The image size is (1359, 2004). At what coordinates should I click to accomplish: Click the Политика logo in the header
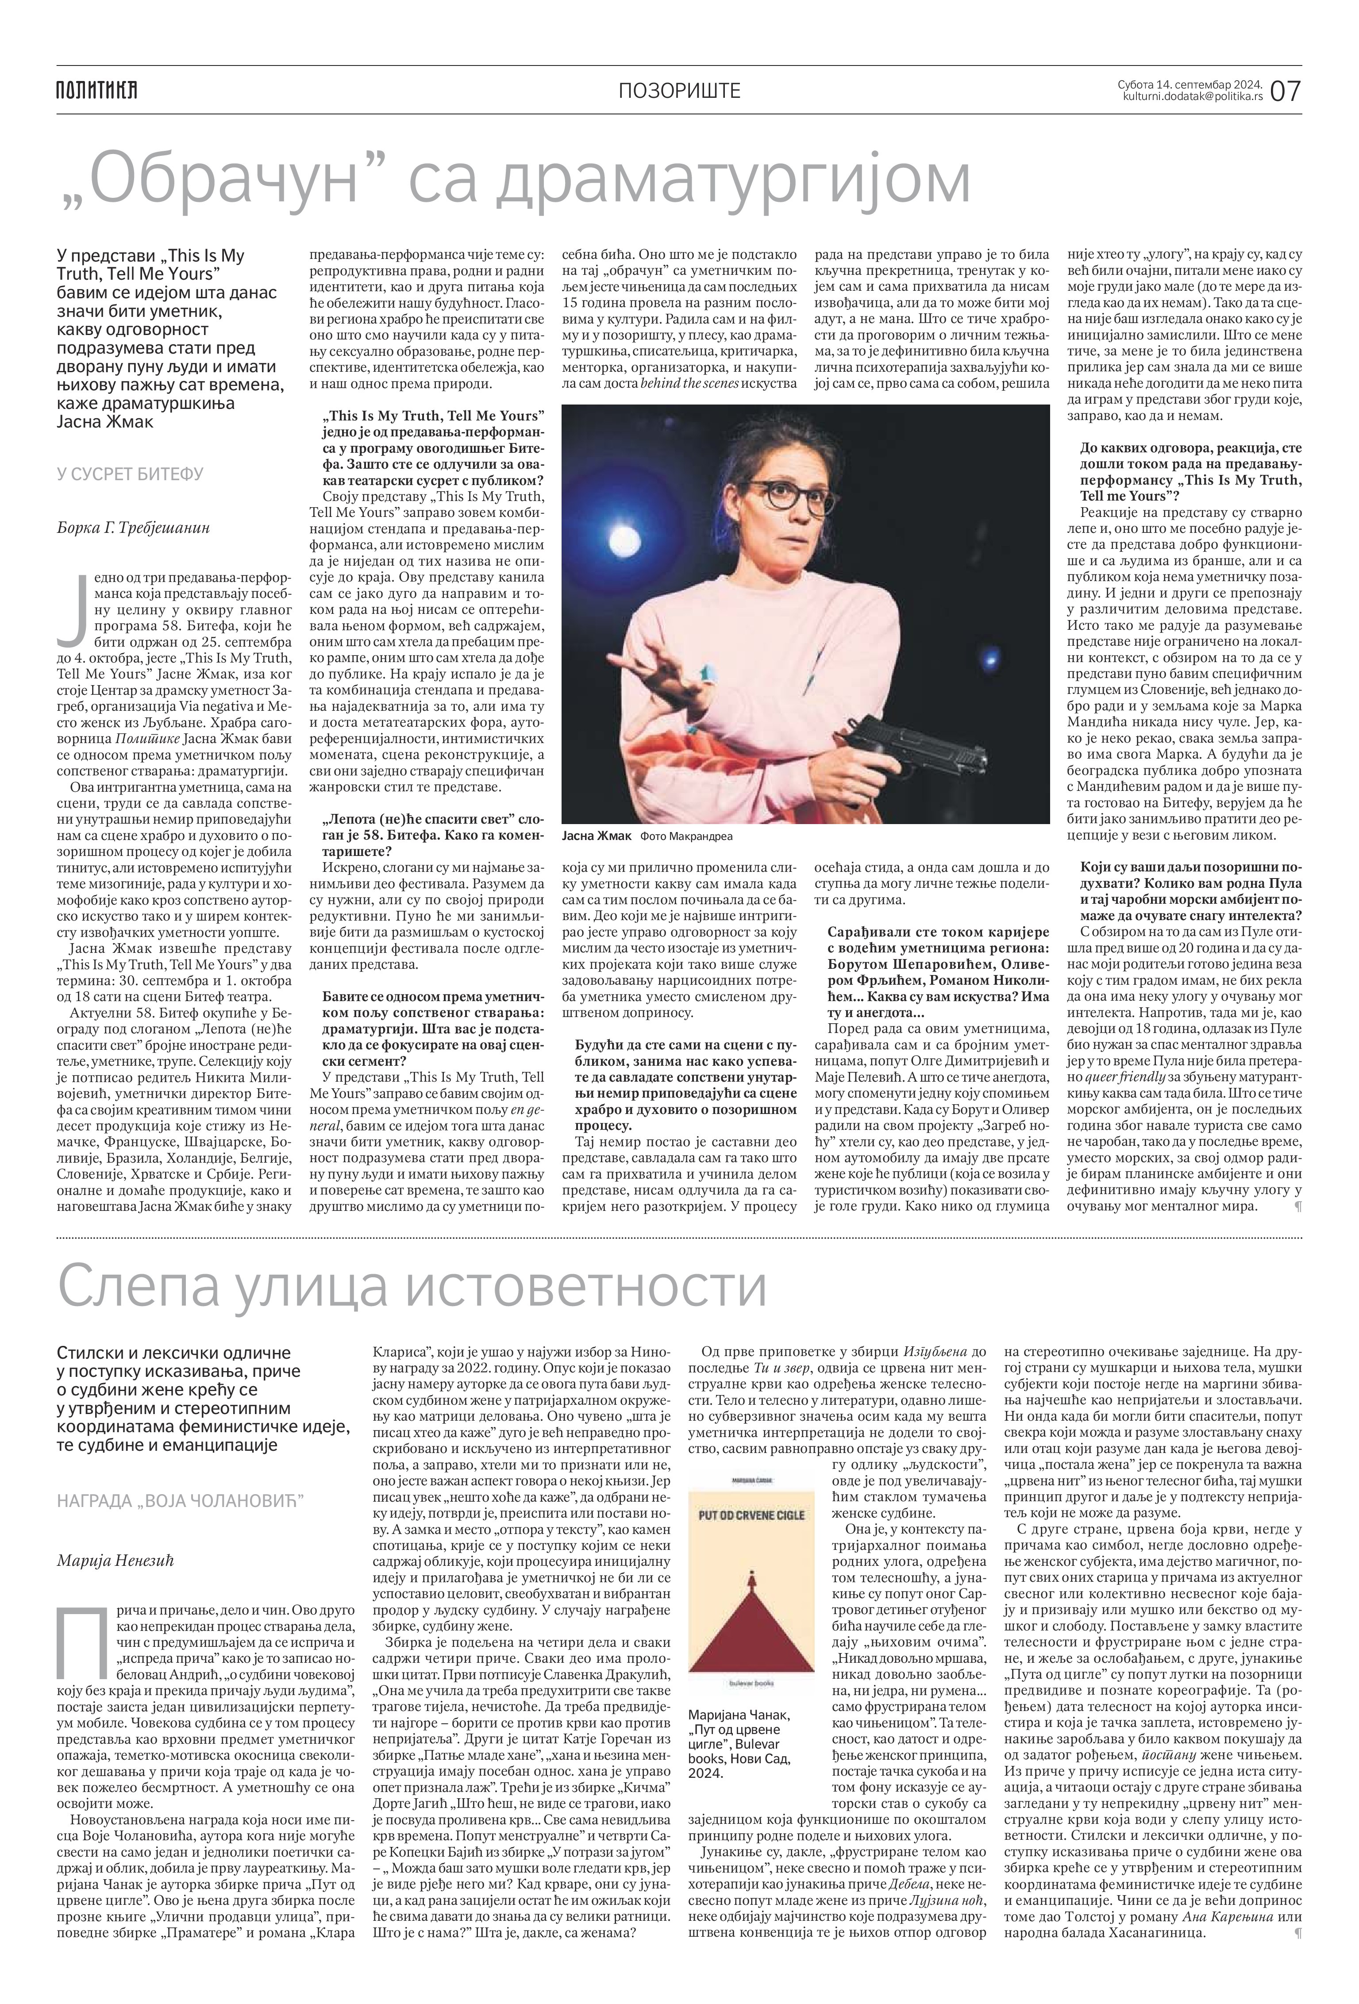click(x=96, y=90)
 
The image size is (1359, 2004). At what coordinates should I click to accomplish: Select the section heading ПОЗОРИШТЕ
click(x=680, y=91)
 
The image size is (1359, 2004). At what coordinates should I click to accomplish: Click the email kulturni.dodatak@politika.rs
click(x=1193, y=96)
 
